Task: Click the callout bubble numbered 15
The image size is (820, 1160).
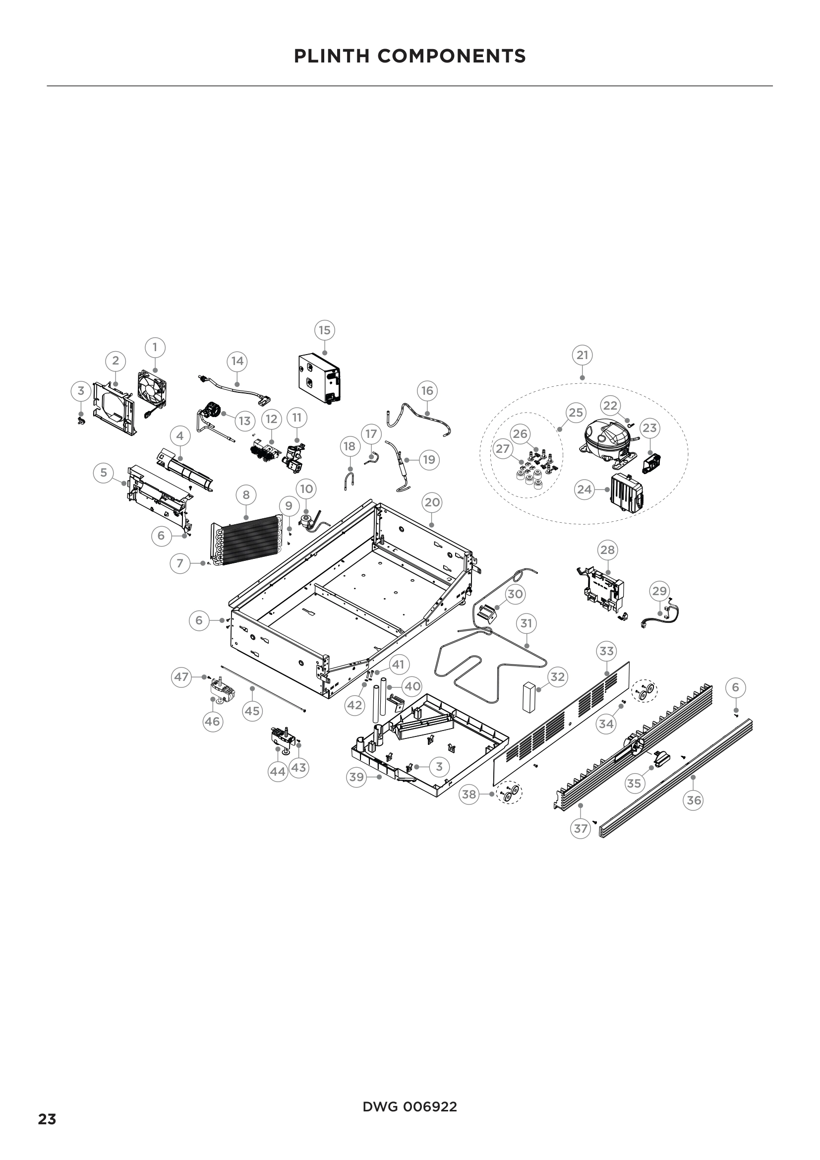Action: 324,330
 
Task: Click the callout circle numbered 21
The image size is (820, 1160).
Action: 582,355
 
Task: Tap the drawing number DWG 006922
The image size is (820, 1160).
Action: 410,1103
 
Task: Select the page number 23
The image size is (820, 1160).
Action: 47,1119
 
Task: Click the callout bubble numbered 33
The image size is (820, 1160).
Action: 606,651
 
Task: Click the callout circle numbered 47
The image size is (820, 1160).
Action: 181,677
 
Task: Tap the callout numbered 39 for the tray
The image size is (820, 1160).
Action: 356,777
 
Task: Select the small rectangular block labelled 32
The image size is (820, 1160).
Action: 528,697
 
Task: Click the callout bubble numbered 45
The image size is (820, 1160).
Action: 252,711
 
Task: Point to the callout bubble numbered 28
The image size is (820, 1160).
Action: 607,549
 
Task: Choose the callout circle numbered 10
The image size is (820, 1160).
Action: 306,488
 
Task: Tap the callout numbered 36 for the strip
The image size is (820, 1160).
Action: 694,800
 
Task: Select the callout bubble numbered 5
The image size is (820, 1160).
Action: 104,473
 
